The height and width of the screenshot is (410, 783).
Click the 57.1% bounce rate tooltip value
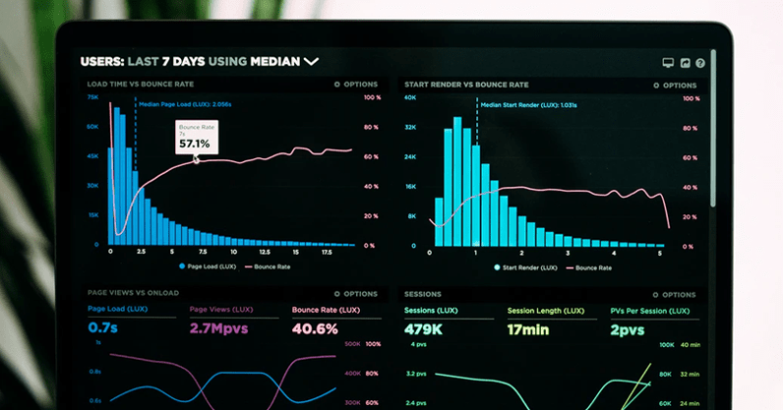click(x=194, y=144)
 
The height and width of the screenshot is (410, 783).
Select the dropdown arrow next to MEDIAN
click(x=312, y=61)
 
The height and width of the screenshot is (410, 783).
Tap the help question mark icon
click(x=700, y=62)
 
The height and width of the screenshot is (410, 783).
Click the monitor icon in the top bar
click(x=668, y=62)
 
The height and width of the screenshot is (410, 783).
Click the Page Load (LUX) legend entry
click(x=208, y=266)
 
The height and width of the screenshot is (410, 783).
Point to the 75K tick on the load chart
click(x=92, y=97)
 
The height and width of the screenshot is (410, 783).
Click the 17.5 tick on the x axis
click(x=327, y=253)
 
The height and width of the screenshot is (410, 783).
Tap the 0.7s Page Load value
click(x=102, y=327)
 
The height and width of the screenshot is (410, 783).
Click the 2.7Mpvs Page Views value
click(x=220, y=327)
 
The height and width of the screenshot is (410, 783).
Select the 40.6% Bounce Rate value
click(x=316, y=327)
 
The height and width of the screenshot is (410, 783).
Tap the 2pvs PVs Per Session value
click(x=628, y=329)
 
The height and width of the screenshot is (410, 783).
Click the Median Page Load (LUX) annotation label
click(x=185, y=103)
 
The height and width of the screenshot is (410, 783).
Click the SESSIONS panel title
click(x=423, y=293)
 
